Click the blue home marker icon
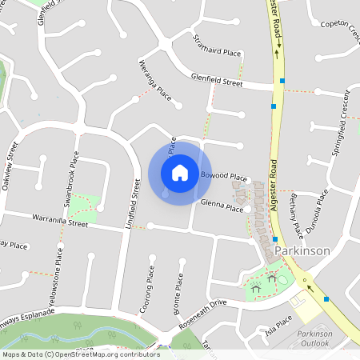pyautogui.click(x=180, y=172)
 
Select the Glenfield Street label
pyautogui.click(x=216, y=80)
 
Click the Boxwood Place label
pyautogui.click(x=223, y=175)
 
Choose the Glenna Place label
pyautogui.click(x=222, y=206)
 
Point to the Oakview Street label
pyautogui.click(x=11, y=166)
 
